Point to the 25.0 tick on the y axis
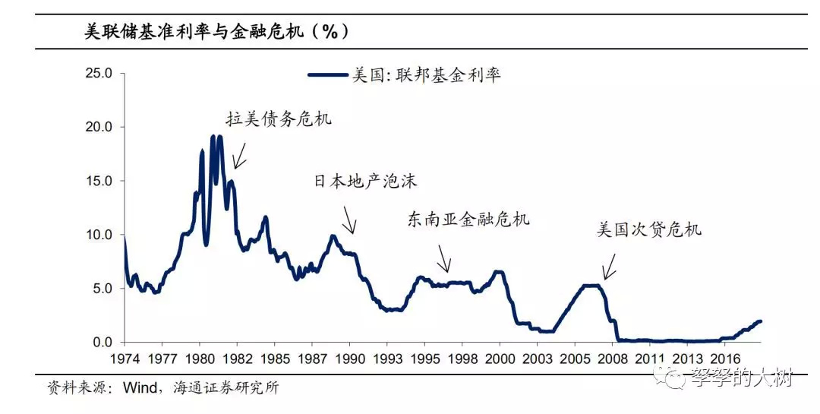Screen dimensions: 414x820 (99, 74)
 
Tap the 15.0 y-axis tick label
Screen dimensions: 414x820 (99, 182)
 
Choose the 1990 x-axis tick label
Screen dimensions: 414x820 (351, 358)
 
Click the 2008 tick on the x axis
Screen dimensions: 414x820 (613, 358)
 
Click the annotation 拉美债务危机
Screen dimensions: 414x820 (279, 119)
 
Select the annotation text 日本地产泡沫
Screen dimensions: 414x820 (365, 182)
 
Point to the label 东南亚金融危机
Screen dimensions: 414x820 (468, 220)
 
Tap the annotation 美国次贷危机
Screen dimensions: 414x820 (649, 229)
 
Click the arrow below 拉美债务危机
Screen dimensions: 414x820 (240, 156)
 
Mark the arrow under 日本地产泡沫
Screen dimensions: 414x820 (348, 222)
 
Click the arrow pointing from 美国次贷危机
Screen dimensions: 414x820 (609, 267)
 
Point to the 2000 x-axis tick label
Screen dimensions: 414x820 (499, 358)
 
